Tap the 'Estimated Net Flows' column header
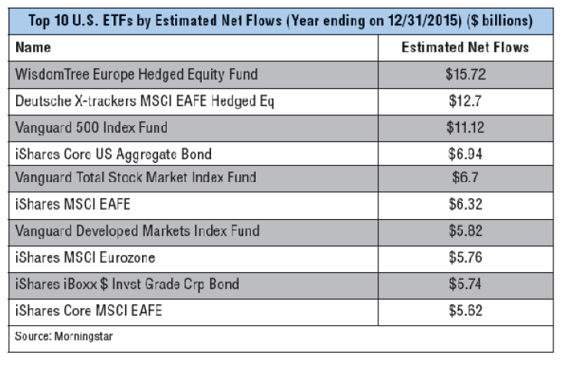465,48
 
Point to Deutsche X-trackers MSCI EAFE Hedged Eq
144,101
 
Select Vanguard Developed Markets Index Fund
137,231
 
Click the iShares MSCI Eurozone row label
87,257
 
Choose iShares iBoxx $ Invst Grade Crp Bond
127,284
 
